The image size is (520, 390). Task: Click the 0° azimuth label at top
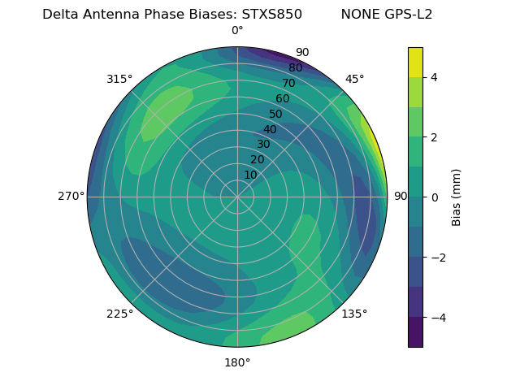pos(237,31)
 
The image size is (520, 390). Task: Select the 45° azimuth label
pos(355,79)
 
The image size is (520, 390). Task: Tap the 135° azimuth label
pos(354,314)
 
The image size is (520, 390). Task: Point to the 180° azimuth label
pos(237,362)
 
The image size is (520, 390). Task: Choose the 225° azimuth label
pos(119,314)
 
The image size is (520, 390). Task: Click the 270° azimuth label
pos(71,197)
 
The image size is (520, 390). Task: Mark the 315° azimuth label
pos(119,79)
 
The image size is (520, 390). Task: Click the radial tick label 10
pos(250,175)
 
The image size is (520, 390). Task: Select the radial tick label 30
pos(263,145)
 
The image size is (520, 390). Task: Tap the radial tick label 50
pos(276,115)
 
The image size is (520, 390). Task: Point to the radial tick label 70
pos(288,84)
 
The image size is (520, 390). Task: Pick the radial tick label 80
pos(295,68)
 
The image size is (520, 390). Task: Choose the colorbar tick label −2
pos(438,258)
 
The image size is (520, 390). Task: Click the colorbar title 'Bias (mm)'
pos(457,197)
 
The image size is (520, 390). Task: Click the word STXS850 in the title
pos(272,14)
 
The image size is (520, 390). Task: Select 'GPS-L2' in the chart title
pos(410,14)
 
